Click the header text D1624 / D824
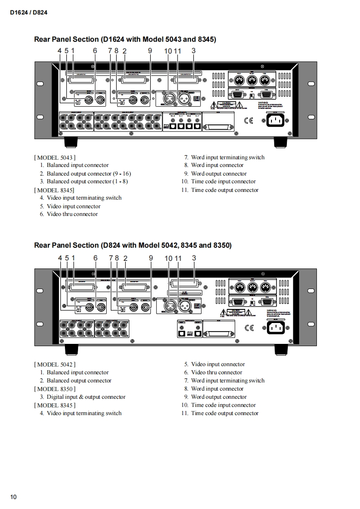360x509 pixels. tap(29, 13)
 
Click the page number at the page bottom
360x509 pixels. tap(14, 497)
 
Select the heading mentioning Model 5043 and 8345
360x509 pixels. tap(125, 39)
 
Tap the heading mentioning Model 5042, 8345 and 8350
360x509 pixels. tap(133, 245)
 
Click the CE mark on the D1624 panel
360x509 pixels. tap(249, 121)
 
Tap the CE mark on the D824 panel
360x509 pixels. tap(249, 328)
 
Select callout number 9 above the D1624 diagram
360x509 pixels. tap(150, 51)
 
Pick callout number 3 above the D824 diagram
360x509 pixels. tap(194, 258)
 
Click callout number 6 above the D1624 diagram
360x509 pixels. tap(95, 51)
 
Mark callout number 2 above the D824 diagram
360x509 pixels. tap(125, 258)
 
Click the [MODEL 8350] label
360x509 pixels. tap(54, 389)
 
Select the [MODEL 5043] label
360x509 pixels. tap(54, 157)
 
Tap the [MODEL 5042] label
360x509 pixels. tap(54, 364)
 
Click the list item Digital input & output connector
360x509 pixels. tap(86, 397)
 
